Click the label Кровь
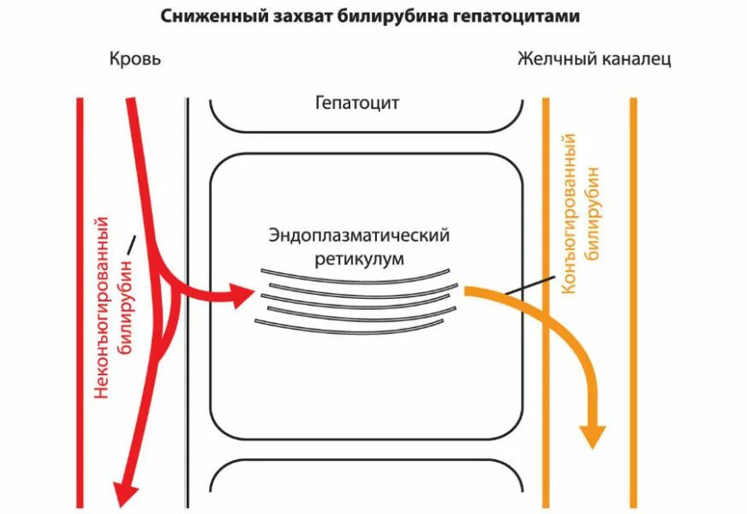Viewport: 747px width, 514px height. [x=134, y=59]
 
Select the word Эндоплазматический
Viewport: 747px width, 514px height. [x=359, y=235]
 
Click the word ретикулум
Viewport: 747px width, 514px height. [x=359, y=257]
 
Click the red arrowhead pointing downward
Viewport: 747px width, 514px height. [x=126, y=492]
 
